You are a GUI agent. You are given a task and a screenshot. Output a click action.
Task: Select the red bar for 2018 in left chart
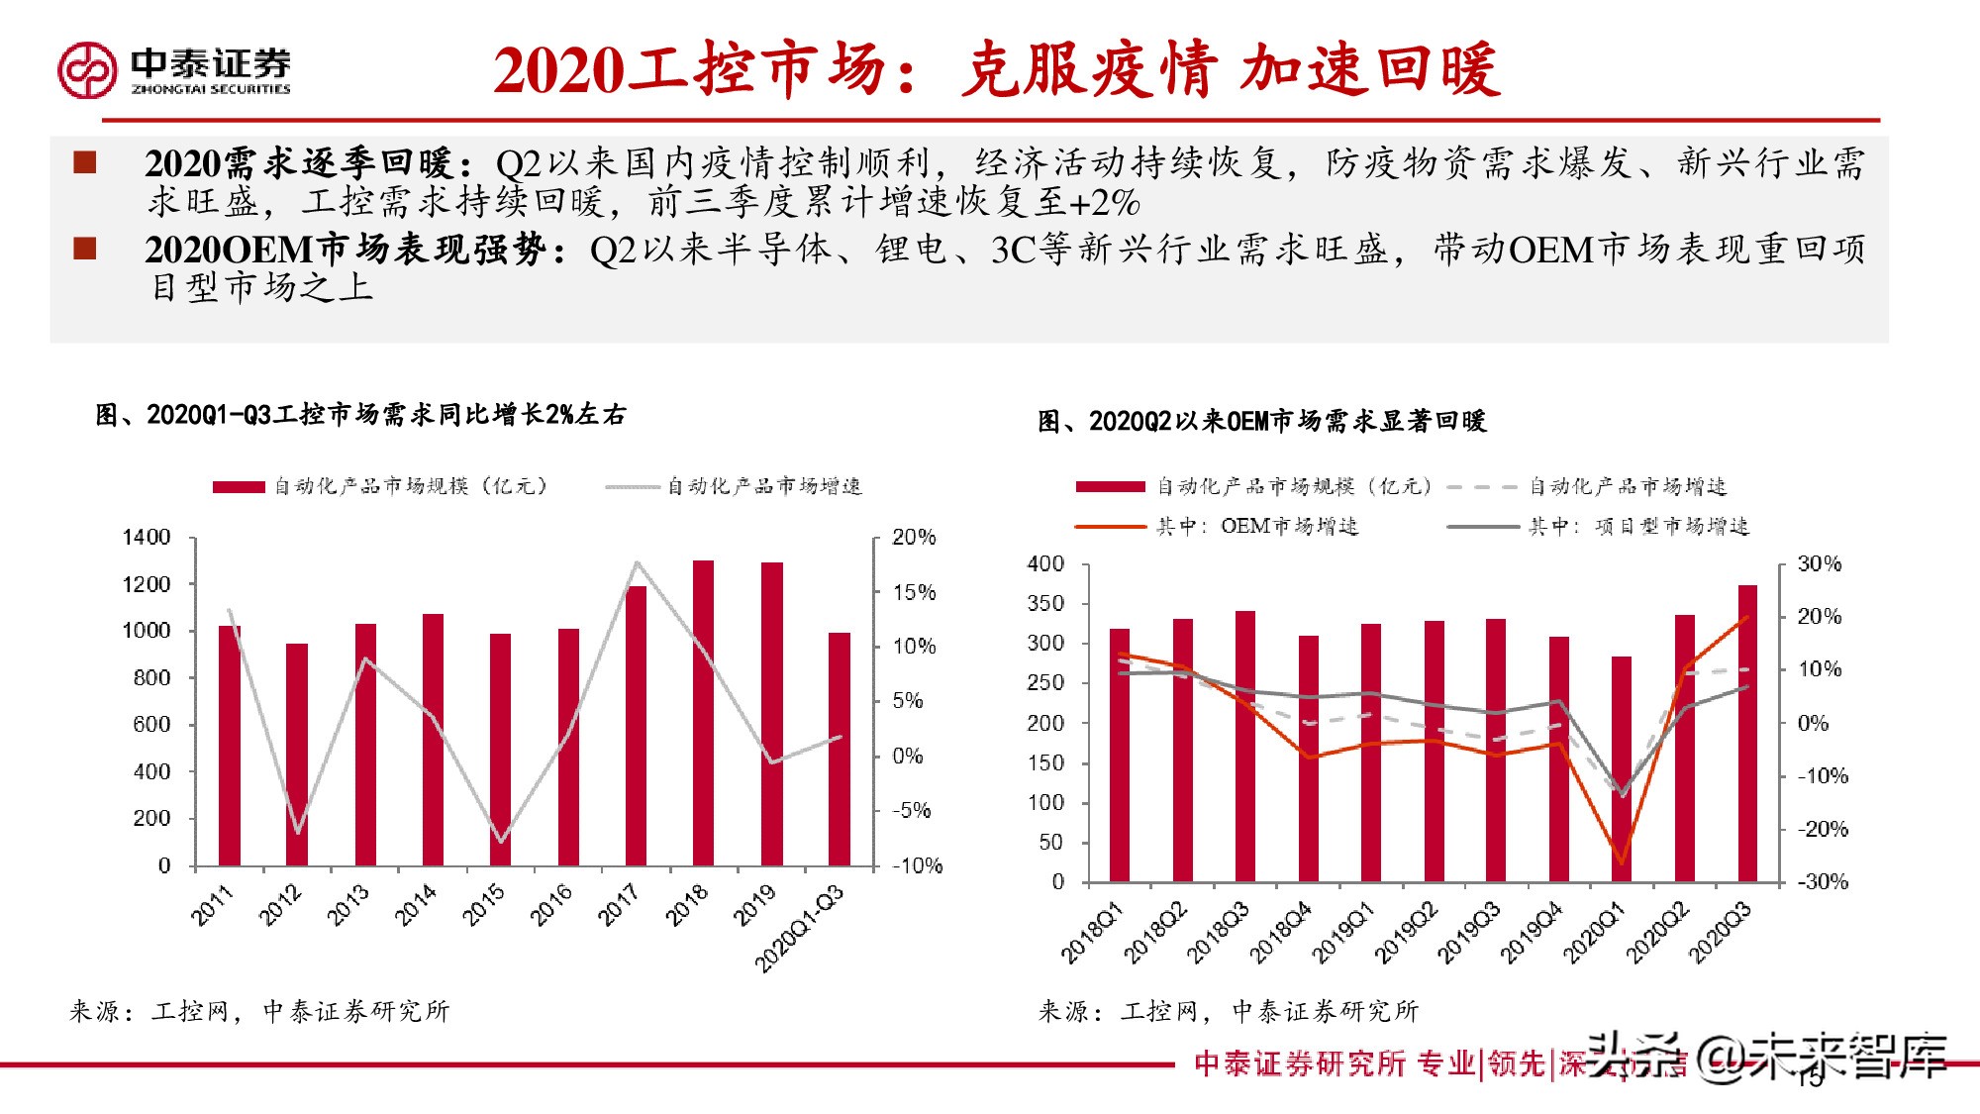coord(703,713)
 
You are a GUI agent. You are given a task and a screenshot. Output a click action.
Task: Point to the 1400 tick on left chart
coord(147,538)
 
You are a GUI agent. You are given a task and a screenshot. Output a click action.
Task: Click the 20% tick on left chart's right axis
coord(913,538)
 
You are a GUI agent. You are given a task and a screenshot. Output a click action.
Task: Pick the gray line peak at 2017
coord(637,563)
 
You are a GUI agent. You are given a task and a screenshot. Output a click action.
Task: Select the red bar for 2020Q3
coord(1747,733)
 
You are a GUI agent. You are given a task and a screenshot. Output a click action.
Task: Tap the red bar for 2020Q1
coord(1622,768)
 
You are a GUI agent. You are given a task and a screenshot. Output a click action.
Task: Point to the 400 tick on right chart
coord(1045,564)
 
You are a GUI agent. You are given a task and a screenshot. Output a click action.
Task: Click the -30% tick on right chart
coord(1822,881)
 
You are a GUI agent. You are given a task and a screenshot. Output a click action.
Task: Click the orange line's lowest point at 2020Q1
coord(1622,862)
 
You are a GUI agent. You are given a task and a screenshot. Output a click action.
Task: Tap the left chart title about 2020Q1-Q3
coord(361,415)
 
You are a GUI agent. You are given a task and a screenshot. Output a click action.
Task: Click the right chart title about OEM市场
coord(1262,422)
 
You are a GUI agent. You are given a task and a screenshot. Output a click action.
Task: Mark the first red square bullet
coord(85,162)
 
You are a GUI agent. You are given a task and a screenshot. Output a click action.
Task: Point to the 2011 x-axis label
coord(212,905)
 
